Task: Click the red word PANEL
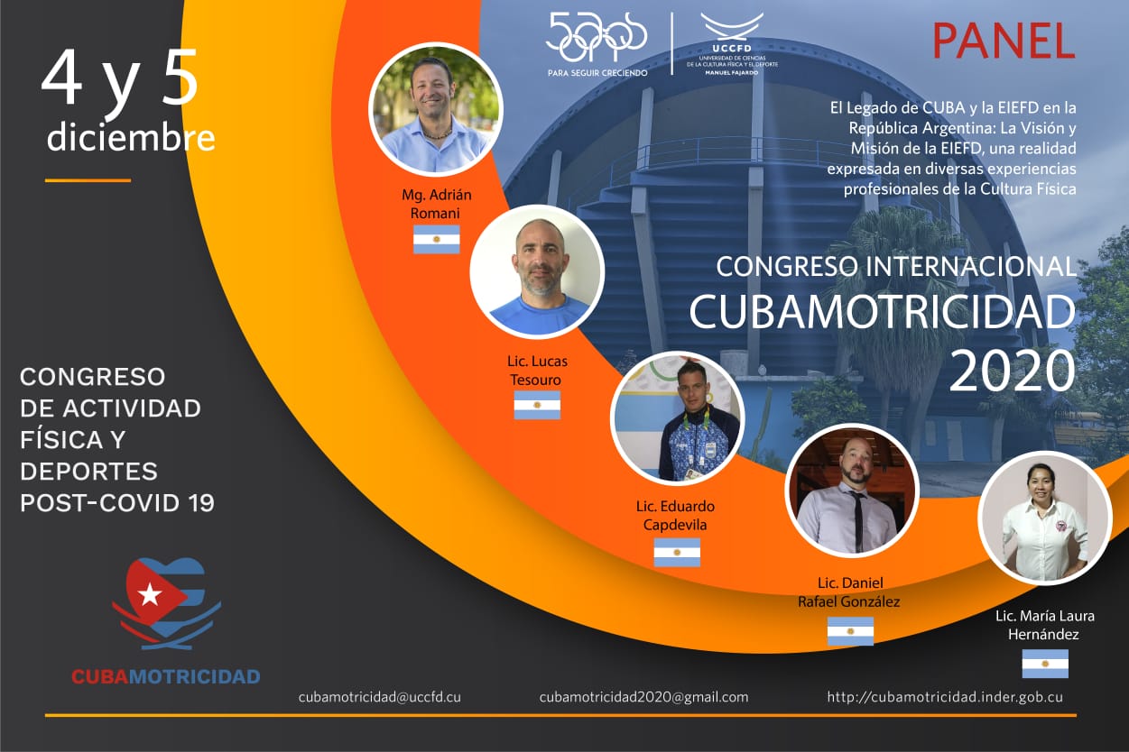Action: coord(1004,41)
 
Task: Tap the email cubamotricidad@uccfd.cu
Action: coord(380,697)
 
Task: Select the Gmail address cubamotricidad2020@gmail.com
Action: coord(643,697)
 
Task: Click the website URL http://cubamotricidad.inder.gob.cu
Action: coord(945,697)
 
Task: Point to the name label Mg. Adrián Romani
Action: coord(437,204)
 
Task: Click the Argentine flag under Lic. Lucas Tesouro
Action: coord(537,405)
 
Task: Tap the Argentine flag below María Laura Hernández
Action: coord(1045,664)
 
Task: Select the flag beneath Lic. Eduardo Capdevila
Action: coord(677,552)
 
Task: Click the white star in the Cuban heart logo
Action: coord(150,595)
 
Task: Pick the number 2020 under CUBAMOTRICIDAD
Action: coord(1012,371)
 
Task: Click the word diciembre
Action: coord(131,137)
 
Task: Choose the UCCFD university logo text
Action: coord(732,49)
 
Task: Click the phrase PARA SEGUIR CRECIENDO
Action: coord(597,73)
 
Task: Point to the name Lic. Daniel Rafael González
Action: coord(849,592)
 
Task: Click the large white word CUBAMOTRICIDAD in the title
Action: coord(883,311)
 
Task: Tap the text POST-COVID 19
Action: coord(117,502)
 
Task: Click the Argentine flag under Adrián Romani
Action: coord(437,239)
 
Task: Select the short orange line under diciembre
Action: coord(88,180)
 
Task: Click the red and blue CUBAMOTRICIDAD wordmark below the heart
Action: coord(166,676)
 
